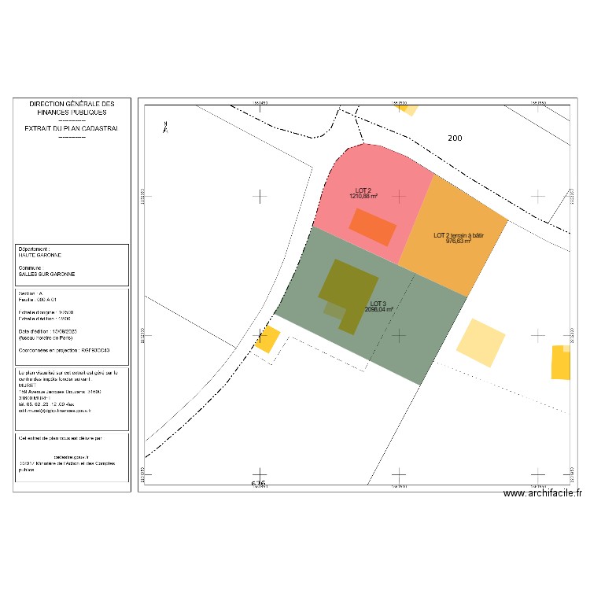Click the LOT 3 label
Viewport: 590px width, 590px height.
click(378, 304)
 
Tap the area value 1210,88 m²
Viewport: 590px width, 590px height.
click(363, 197)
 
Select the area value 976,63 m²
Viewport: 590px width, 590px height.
click(459, 242)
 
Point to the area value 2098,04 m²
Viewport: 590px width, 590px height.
click(378, 310)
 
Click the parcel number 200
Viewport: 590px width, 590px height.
click(455, 138)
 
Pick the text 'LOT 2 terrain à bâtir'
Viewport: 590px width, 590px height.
click(459, 235)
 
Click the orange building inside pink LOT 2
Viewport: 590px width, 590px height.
click(372, 227)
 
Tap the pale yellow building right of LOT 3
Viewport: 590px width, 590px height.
click(481, 342)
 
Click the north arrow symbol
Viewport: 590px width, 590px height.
click(164, 126)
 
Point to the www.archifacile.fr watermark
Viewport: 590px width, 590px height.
click(542, 493)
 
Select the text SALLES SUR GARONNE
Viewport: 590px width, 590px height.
click(47, 275)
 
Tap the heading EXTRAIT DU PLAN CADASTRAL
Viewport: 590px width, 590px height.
click(72, 127)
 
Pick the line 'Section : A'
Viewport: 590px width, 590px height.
click(32, 293)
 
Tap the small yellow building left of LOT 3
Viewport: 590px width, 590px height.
click(267, 339)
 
